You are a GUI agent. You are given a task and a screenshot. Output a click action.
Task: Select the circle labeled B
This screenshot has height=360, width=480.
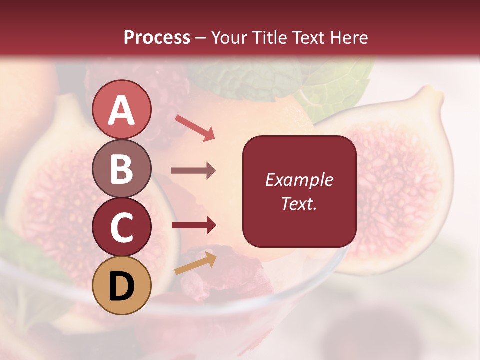(122, 169)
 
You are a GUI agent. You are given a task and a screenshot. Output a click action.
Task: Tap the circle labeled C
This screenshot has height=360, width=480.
(122, 227)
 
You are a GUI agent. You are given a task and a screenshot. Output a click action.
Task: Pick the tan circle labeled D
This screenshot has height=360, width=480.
(122, 285)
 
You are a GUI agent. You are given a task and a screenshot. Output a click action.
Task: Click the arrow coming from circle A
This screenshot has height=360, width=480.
(195, 128)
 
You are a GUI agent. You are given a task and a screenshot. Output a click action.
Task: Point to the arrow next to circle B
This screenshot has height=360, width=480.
(193, 171)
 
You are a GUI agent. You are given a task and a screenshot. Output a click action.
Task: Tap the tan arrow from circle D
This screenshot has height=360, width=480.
(195, 263)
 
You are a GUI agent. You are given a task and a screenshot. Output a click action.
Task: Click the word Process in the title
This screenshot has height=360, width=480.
(157, 38)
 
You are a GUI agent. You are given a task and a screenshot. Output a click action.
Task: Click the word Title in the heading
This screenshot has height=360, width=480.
(269, 38)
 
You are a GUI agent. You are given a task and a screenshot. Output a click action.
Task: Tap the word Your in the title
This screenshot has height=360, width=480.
(229, 38)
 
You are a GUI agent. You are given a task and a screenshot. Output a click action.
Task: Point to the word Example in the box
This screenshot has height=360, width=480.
(299, 180)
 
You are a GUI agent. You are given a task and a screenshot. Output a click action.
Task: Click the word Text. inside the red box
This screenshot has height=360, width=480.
(299, 204)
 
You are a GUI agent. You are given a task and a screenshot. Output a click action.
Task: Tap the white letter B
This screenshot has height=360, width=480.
(122, 169)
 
